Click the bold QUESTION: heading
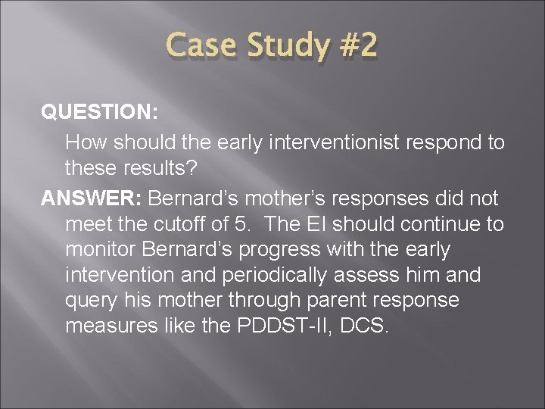pyautogui.click(x=99, y=112)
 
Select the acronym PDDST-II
pyautogui.click(x=276, y=326)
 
